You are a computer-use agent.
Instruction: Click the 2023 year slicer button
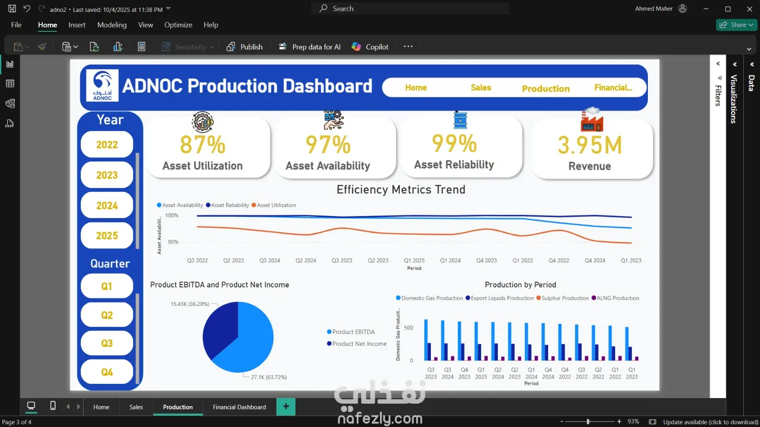[x=107, y=175]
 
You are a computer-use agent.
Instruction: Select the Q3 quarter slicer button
[x=107, y=343]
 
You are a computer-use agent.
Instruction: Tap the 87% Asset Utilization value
[x=202, y=145]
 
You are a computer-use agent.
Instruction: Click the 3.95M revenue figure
[x=590, y=145]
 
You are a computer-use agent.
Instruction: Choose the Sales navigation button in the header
[x=481, y=87]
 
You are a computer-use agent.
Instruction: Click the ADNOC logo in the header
[x=102, y=85]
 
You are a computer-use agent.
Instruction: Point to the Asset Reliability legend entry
[x=228, y=205]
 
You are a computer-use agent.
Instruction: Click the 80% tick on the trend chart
[x=173, y=242]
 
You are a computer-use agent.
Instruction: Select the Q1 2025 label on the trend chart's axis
[x=414, y=260]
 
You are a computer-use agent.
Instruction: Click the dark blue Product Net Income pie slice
[x=220, y=329]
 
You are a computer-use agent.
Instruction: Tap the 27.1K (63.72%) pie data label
[x=269, y=377]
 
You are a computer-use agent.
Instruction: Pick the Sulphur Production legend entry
[x=562, y=298]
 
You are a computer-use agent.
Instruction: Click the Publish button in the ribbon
[x=245, y=47]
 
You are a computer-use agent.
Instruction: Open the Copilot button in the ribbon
[x=370, y=47]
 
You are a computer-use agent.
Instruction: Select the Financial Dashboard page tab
[x=239, y=407]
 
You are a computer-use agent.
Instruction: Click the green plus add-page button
[x=285, y=407]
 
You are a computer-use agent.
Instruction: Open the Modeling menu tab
[x=112, y=25]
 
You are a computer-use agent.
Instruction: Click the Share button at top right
[x=736, y=25]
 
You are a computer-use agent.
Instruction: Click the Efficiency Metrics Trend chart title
[x=401, y=190]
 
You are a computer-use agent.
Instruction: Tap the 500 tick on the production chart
[x=408, y=328]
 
